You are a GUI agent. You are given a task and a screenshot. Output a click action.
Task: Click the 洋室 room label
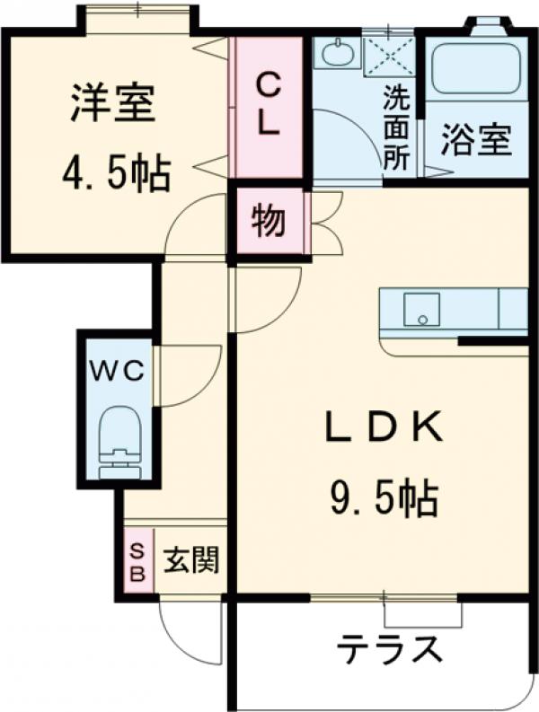(112, 106)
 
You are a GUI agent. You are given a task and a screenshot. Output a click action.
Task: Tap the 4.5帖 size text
(114, 172)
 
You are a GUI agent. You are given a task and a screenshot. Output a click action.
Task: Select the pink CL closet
(267, 106)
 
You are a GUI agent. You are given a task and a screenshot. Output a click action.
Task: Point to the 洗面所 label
(396, 127)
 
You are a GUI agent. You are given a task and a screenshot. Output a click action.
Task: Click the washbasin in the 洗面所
(337, 55)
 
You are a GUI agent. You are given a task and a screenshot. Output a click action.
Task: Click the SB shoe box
(137, 563)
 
